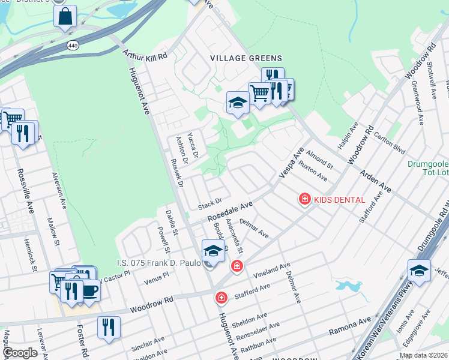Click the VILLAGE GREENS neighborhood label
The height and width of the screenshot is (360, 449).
click(x=246, y=58)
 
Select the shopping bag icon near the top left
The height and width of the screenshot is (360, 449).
click(x=65, y=17)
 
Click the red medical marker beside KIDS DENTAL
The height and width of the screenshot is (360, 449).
click(x=305, y=199)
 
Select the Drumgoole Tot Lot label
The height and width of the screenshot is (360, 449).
click(x=427, y=168)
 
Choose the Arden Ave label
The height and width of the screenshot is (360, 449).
click(x=375, y=182)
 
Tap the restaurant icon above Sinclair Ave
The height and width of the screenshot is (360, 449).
click(x=109, y=327)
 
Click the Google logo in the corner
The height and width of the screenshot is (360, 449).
click(x=20, y=353)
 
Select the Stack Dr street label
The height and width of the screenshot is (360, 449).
click(x=210, y=204)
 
